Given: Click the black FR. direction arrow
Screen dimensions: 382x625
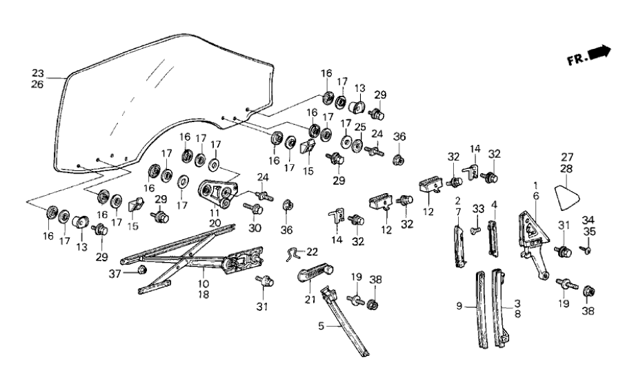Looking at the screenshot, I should [601, 51].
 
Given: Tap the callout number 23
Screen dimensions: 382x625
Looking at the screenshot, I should [38, 73].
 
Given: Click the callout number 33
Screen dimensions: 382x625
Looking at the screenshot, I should [478, 209].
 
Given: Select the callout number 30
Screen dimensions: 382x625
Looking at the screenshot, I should [255, 228].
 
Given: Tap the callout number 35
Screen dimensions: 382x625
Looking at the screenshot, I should [588, 231].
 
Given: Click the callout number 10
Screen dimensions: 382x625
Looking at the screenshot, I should [205, 283].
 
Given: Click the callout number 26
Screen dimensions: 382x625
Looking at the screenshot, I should [38, 85].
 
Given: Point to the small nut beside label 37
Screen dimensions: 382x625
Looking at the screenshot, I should [142, 269].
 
